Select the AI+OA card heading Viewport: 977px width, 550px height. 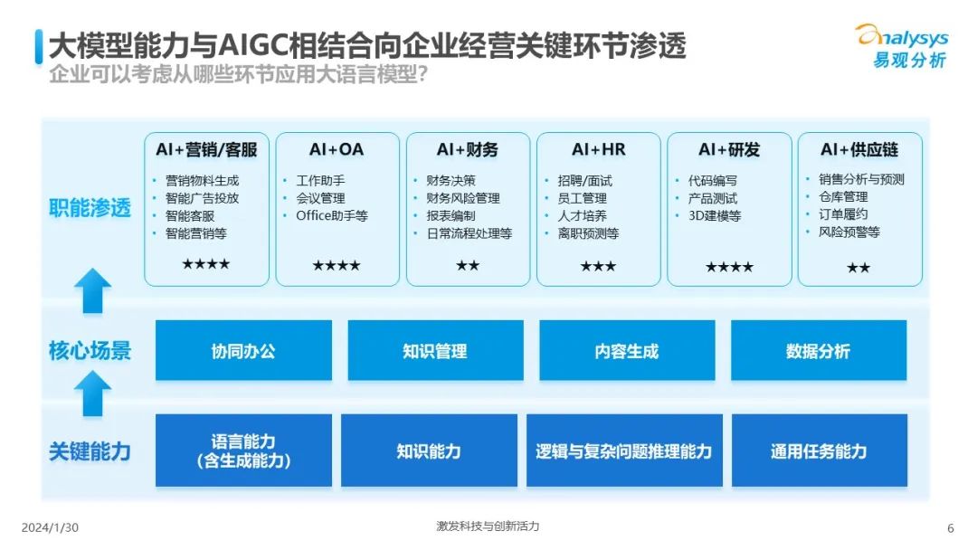[x=337, y=149]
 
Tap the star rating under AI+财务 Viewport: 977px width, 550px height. [x=468, y=266]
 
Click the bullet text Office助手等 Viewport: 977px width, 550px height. [x=332, y=216]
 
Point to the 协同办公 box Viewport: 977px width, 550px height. [x=243, y=350]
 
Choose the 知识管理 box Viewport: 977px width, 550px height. [x=435, y=350]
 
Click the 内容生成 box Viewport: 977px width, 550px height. [x=627, y=350]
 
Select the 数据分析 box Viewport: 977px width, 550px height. [x=819, y=350]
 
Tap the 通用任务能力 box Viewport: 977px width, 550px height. [x=820, y=450]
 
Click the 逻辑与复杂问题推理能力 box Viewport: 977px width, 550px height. [x=624, y=450]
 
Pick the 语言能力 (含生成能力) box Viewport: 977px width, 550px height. [x=243, y=450]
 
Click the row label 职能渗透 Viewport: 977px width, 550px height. [x=90, y=207]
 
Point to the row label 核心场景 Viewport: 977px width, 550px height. [x=90, y=351]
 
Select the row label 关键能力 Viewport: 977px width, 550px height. [x=90, y=451]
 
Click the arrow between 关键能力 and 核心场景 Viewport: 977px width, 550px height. [x=93, y=394]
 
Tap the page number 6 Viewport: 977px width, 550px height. [x=950, y=528]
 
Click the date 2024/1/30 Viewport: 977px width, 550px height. [x=50, y=527]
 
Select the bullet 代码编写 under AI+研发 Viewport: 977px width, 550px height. [x=713, y=181]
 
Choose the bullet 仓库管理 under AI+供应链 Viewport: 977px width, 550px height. [x=844, y=197]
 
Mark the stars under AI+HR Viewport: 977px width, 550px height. [x=598, y=267]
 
